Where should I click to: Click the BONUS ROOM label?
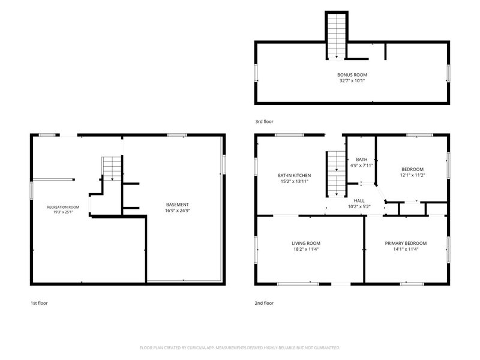(352, 74)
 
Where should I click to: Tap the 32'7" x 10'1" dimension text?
(352, 81)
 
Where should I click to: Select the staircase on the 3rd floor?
(337, 36)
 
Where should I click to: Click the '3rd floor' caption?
(264, 122)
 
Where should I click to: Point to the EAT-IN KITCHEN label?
(294, 175)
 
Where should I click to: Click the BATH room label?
(362, 160)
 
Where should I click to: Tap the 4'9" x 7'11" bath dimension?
(362, 166)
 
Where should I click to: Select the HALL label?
(359, 201)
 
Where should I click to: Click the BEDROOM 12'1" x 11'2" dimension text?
(412, 175)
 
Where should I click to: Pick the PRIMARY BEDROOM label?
(406, 244)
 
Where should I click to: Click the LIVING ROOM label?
(306, 244)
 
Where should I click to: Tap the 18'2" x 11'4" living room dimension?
(306, 249)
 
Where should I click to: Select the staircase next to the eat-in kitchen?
(337, 174)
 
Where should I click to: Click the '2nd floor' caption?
(264, 303)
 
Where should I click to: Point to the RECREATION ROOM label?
(63, 207)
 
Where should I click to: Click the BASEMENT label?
(178, 205)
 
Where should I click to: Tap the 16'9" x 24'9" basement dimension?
(178, 211)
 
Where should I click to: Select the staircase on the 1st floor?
(112, 169)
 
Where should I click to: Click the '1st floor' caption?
(39, 303)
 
